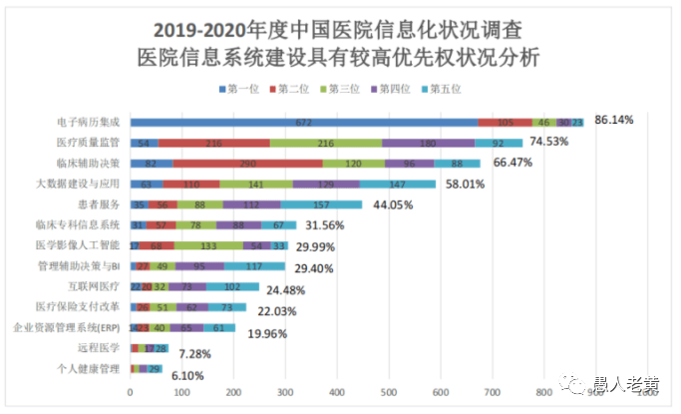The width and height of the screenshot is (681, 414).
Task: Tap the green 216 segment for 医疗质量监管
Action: (325, 143)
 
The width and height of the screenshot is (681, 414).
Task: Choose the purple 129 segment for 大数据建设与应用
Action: (327, 185)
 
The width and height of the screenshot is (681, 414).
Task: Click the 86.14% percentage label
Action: (615, 120)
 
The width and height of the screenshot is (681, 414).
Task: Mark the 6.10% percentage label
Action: (189, 375)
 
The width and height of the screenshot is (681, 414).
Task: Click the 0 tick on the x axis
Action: (131, 393)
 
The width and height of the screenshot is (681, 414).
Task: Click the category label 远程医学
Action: (99, 347)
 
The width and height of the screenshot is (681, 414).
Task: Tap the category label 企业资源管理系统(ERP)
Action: (67, 327)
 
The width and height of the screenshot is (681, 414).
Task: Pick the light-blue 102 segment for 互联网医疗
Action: (232, 286)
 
